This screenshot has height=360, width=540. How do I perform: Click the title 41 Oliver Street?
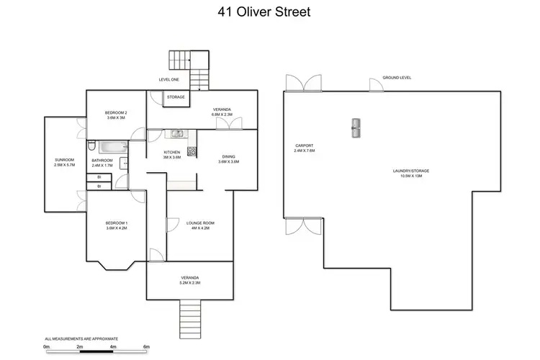pos(270,12)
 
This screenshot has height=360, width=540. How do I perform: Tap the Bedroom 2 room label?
pos(116,113)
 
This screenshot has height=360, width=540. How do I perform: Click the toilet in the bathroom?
pos(91,146)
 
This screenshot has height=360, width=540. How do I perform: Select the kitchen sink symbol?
pos(176,133)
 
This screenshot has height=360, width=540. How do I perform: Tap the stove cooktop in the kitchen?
pos(192,151)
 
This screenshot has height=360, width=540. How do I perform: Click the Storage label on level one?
pos(176,96)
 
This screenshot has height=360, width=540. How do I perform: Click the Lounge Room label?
pos(197,223)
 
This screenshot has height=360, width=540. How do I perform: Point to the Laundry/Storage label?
pos(412,171)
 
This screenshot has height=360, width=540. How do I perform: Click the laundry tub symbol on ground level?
pos(356,127)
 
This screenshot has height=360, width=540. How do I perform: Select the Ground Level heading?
pos(397,77)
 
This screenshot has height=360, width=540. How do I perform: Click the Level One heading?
pos(169,79)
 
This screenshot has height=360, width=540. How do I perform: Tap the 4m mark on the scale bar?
pos(113,347)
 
